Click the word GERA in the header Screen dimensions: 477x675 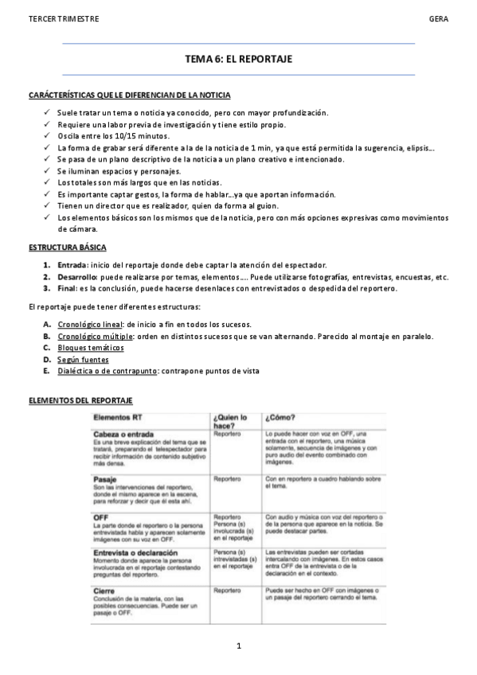point(438,18)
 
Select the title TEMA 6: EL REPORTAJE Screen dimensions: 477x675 point(238,59)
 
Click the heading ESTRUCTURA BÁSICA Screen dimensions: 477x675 point(67,248)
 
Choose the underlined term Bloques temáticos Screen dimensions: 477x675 point(91,348)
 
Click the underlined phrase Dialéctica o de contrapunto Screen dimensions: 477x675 point(107,372)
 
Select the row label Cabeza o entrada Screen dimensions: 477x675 point(123,434)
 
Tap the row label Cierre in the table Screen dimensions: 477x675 point(106,591)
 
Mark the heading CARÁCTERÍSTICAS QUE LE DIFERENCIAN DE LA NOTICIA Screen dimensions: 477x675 point(130,96)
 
